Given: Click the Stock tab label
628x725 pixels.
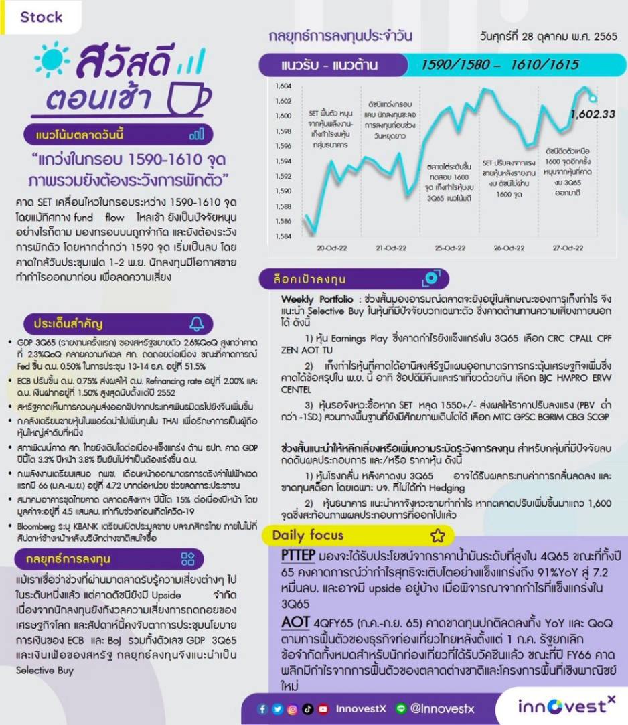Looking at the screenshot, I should pyautogui.click(x=41, y=17).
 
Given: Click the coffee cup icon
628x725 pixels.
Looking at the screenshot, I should pyautogui.click(x=187, y=100).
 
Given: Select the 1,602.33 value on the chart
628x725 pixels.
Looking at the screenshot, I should pyautogui.click(x=592, y=114).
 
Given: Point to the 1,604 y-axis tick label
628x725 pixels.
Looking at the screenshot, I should pyautogui.click(x=283, y=86).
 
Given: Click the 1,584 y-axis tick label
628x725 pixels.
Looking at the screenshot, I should pyautogui.click(x=283, y=236).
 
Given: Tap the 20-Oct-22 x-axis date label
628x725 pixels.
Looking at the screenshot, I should pyautogui.click(x=333, y=248).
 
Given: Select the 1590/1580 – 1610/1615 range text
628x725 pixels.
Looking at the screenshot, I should pyautogui.click(x=499, y=65).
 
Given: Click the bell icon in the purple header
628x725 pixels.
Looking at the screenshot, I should pyautogui.click(x=196, y=323).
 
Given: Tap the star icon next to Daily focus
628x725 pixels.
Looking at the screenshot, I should pyautogui.click(x=438, y=535).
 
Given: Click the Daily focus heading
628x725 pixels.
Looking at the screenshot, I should pyautogui.click(x=307, y=535).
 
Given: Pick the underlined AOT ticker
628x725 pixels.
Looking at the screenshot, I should pyautogui.click(x=295, y=623).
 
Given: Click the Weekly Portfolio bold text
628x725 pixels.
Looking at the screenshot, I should pyautogui.click(x=318, y=299).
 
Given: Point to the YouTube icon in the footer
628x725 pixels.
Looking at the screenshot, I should pyautogui.click(x=323, y=709).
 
